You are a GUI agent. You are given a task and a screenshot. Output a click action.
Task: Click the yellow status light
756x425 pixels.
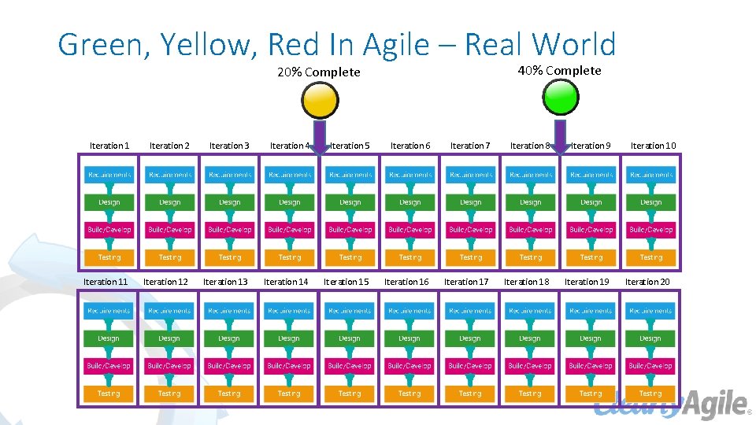pos(321,100)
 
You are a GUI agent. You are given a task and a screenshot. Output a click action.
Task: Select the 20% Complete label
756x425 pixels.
pos(319,72)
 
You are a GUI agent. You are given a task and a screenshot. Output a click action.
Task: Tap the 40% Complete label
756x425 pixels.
pos(559,71)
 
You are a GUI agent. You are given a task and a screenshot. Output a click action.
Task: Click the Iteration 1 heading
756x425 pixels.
pos(109,146)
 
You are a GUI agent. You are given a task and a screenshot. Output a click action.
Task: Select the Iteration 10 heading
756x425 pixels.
pos(653,146)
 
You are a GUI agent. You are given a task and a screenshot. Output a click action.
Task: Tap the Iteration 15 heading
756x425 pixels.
pos(346,282)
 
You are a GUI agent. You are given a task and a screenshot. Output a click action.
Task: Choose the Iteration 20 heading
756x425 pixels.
pos(647,282)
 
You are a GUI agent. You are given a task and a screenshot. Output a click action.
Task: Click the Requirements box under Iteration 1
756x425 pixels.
pos(110,175)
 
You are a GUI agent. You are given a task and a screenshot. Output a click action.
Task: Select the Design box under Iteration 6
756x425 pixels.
pos(410,202)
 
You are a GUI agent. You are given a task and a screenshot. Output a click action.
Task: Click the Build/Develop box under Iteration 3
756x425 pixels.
pos(230,230)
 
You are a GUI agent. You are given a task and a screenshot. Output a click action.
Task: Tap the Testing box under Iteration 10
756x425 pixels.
pos(651,257)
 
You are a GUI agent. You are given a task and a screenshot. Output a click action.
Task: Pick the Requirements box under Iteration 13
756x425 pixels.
pos(229,311)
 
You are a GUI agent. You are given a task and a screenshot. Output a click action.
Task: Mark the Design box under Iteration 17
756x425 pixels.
pos(470,338)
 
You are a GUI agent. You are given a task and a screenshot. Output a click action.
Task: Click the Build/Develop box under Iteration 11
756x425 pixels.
pos(109,366)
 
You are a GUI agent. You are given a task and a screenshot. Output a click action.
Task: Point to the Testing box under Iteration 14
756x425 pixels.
pos(289,394)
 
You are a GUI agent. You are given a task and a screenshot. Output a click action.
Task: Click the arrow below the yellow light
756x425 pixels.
pos(321,135)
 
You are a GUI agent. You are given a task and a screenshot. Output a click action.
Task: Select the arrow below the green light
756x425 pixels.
pos(561,135)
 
